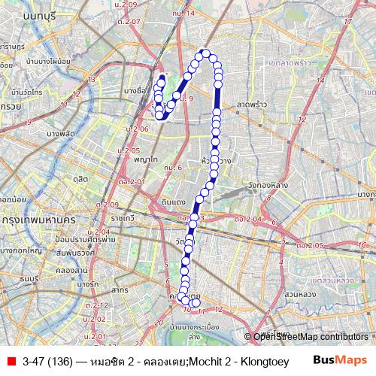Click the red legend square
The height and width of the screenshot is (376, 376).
point(11,361)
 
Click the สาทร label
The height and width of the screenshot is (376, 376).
point(119,289)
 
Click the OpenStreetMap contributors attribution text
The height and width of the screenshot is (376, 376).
point(309,337)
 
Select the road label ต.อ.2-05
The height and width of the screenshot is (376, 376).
point(309,246)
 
